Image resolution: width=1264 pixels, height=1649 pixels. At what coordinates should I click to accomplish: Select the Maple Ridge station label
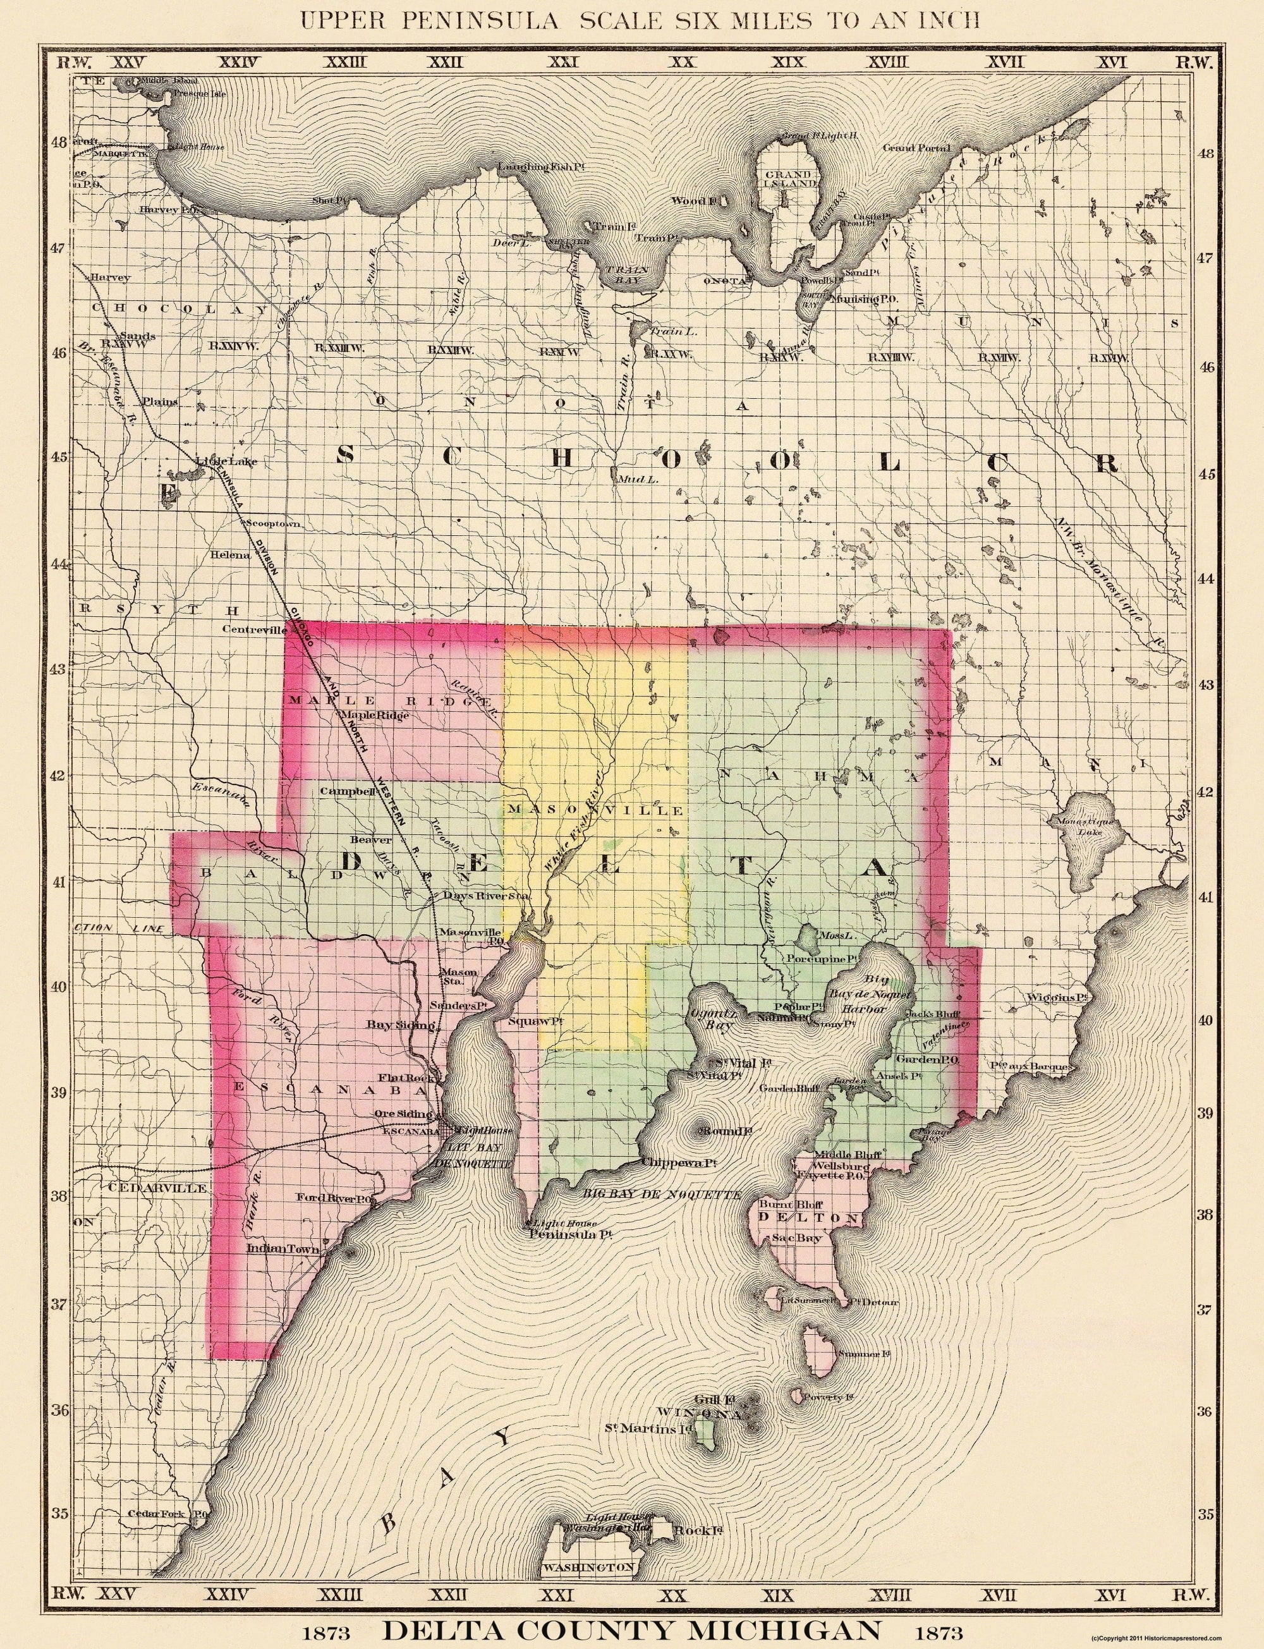coord(375,715)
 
